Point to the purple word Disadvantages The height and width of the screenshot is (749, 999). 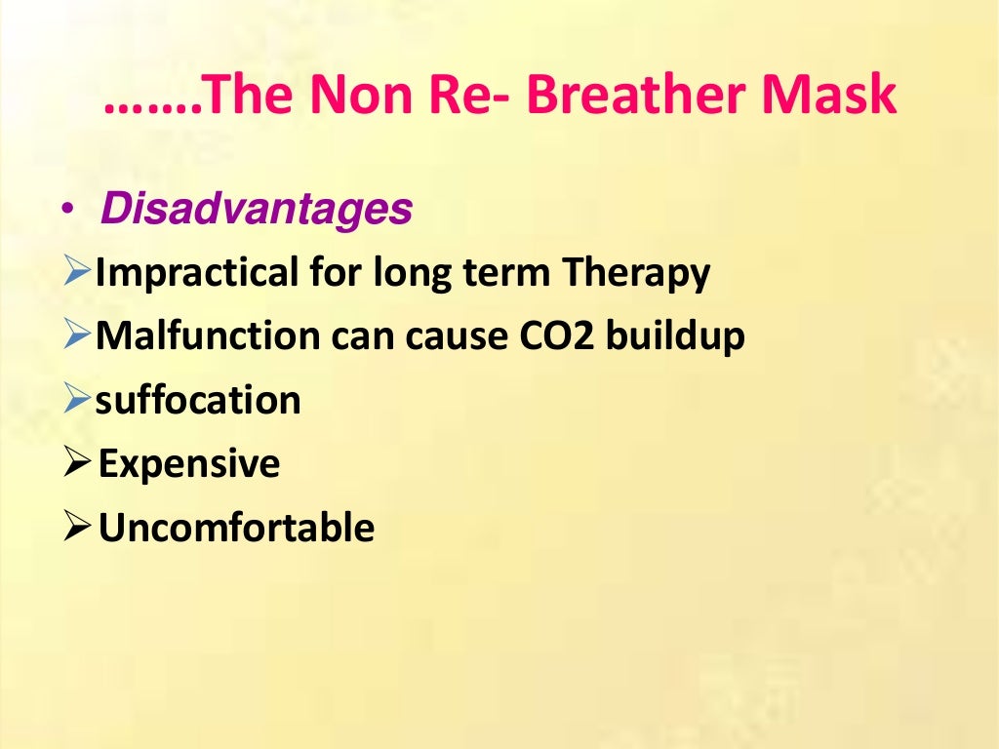tap(256, 209)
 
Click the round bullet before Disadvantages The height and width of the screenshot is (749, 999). tap(67, 211)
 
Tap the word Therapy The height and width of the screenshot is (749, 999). tap(634, 274)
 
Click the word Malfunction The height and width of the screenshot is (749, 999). tap(208, 337)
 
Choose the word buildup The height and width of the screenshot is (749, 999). tap(675, 337)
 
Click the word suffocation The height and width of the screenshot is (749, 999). tap(198, 401)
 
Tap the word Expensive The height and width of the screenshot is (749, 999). tap(190, 464)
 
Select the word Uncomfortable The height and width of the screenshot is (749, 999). tap(237, 528)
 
